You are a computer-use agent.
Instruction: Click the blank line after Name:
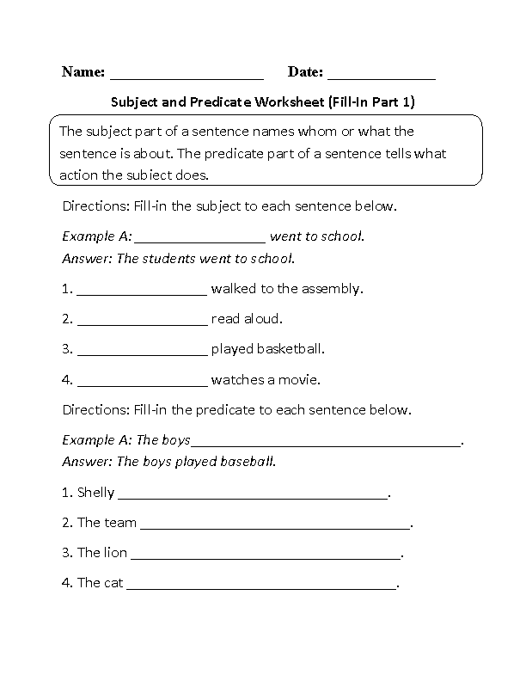coord(187,76)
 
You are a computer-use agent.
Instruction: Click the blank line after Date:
coord(382,76)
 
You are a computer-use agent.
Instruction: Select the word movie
coord(302,379)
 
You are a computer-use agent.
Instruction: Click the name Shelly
coord(95,493)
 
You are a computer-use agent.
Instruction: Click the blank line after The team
coord(275,525)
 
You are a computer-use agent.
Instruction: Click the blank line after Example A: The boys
coord(326,444)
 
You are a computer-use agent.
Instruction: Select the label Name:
coord(83,72)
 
